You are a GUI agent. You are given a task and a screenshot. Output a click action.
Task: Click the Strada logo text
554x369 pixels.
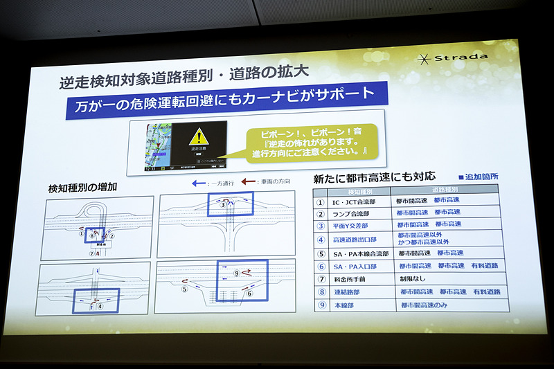click(x=465, y=58)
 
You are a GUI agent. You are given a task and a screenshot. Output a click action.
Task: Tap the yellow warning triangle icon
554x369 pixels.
click(x=198, y=137)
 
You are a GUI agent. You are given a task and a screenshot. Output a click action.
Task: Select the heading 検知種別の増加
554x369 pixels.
click(x=83, y=188)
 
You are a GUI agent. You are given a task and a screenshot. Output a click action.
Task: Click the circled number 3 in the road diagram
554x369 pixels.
click(x=222, y=205)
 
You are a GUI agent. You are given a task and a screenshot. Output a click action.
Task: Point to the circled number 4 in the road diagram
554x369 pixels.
click(x=100, y=305)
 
